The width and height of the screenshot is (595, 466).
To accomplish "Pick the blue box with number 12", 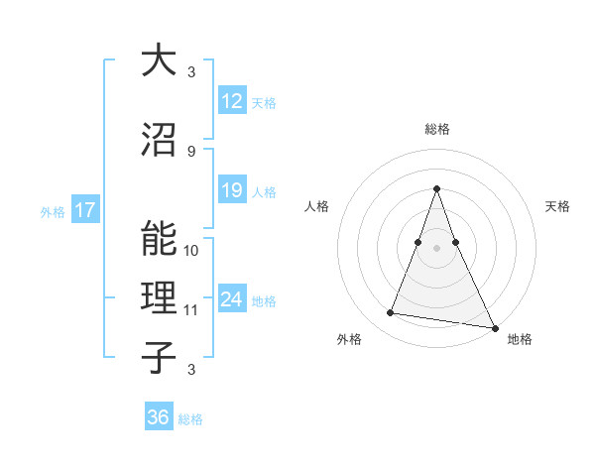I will coord(232,101).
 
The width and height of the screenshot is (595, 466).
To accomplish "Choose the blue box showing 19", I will coord(232,190).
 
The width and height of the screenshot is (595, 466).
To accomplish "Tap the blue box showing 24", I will coord(232,299).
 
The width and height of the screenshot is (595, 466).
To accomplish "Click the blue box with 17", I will coord(84,210).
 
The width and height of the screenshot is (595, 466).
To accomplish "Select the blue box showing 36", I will coord(159,417).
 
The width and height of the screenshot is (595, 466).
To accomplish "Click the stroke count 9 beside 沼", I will coord(191,151).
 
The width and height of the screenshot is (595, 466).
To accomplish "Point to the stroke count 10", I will coord(191,250).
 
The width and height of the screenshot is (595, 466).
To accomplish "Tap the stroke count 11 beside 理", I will coord(191,309).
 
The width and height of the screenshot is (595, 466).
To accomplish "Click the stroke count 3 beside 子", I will coord(191,370).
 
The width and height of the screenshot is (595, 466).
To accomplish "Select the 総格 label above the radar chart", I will coord(437,129).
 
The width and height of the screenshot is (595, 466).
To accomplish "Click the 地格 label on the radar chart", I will coord(520,339).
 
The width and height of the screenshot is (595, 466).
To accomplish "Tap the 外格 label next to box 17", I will coord(53,211).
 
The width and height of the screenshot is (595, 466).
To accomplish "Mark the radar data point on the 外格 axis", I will coord(390,313).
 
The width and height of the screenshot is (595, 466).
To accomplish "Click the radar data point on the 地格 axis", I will coord(495,328).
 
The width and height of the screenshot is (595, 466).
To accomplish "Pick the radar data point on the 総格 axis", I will coord(437,188).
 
